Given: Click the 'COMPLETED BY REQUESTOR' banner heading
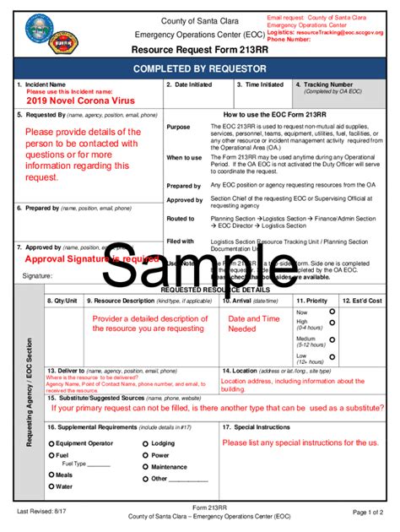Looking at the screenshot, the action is pyautogui.click(x=199, y=68).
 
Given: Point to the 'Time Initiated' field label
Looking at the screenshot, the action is pyautogui.click(x=263, y=85).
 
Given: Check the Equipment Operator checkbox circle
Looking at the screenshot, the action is pyautogui.click(x=52, y=443).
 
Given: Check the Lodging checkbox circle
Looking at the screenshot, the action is pyautogui.click(x=146, y=443).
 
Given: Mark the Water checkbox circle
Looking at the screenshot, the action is pyautogui.click(x=52, y=486).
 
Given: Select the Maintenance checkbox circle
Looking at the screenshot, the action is pyautogui.click(x=146, y=466).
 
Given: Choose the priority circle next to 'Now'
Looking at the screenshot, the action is pyautogui.click(x=332, y=311).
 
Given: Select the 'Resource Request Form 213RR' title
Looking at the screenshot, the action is pyautogui.click(x=201, y=49).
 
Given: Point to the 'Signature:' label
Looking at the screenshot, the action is pyautogui.click(x=39, y=275).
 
